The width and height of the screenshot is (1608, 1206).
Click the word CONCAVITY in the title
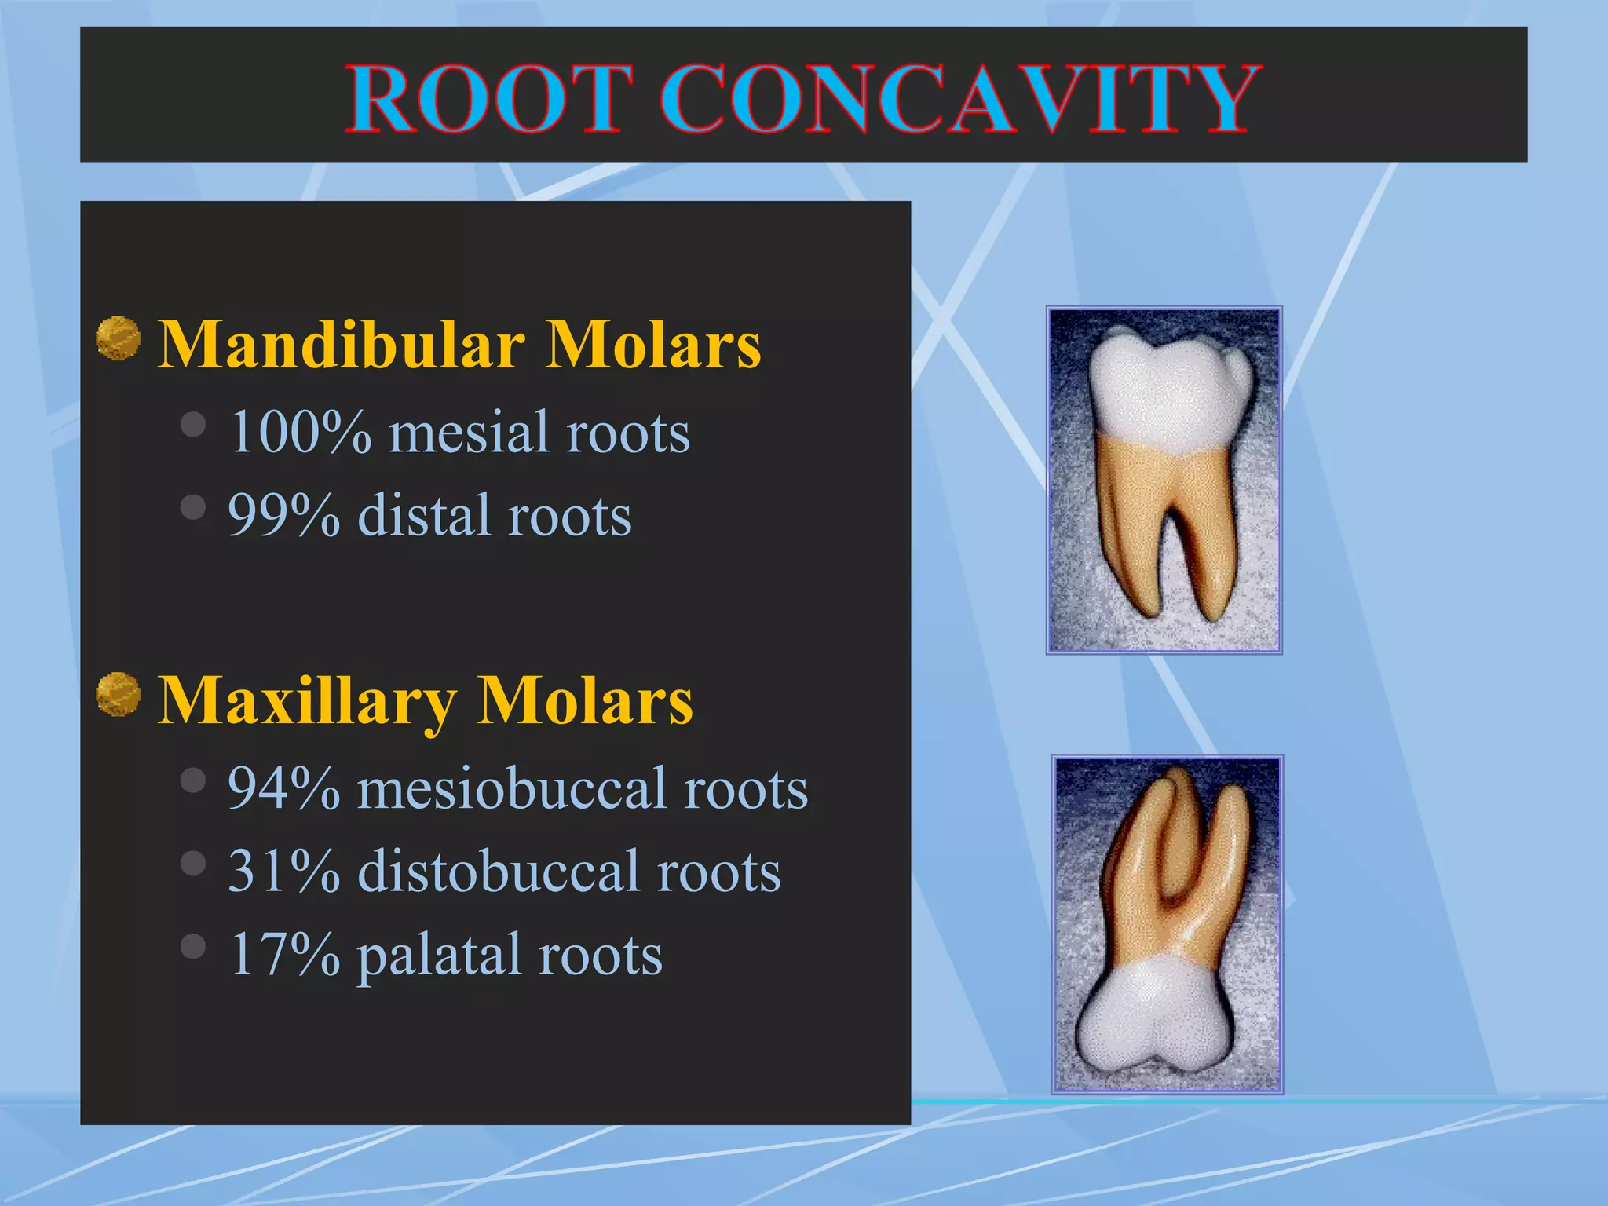click(959, 100)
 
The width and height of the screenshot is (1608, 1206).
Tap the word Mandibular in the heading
click(342, 345)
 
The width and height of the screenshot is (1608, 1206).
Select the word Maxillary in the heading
click(307, 701)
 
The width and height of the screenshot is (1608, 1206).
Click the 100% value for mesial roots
click(300, 433)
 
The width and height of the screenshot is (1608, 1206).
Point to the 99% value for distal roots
click(283, 516)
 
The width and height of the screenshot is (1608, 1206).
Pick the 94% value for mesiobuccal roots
click(283, 788)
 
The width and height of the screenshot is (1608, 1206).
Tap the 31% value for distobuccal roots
click(283, 872)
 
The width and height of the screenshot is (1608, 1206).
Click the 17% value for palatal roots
click(283, 955)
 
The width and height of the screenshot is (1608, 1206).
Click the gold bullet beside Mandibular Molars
click(119, 338)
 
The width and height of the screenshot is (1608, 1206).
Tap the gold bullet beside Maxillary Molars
click(119, 694)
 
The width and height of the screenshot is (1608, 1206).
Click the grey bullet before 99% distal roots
click(192, 507)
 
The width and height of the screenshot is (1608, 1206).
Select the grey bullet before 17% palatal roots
click(192, 946)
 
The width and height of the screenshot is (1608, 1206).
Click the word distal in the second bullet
click(423, 516)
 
